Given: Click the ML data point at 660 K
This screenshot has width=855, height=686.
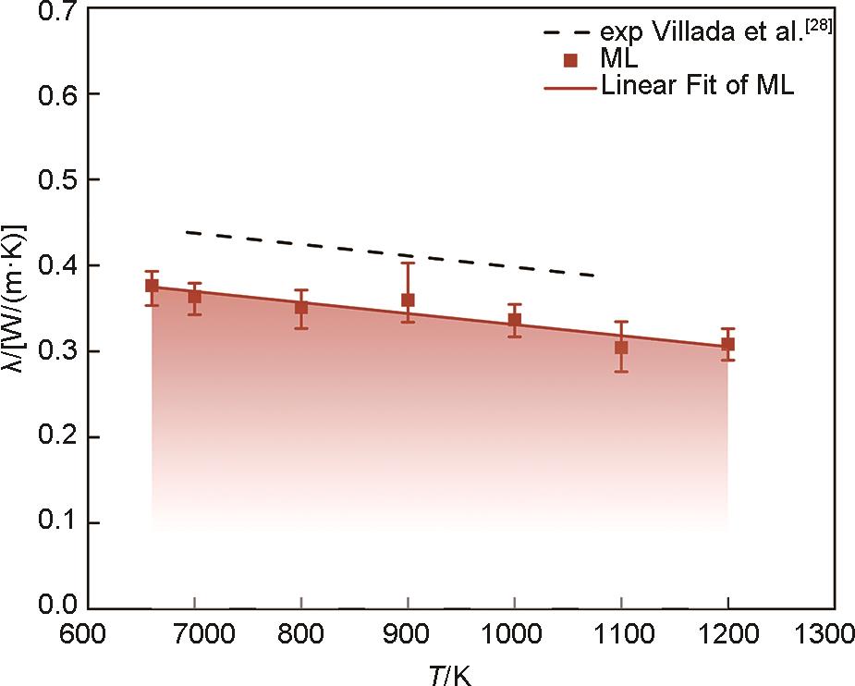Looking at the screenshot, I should pyautogui.click(x=152, y=286).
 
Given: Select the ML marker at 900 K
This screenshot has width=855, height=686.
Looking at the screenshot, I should pyautogui.click(x=408, y=300).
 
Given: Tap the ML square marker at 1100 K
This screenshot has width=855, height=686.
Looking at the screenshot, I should pyautogui.click(x=621, y=348).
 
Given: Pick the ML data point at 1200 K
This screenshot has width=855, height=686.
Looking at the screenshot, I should pyautogui.click(x=728, y=344).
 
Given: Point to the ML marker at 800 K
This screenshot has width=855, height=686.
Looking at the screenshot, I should pyautogui.click(x=301, y=308).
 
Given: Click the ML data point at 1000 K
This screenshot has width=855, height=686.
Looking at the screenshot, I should pyautogui.click(x=515, y=320).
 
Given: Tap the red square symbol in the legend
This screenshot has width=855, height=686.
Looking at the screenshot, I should pyautogui.click(x=571, y=61).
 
